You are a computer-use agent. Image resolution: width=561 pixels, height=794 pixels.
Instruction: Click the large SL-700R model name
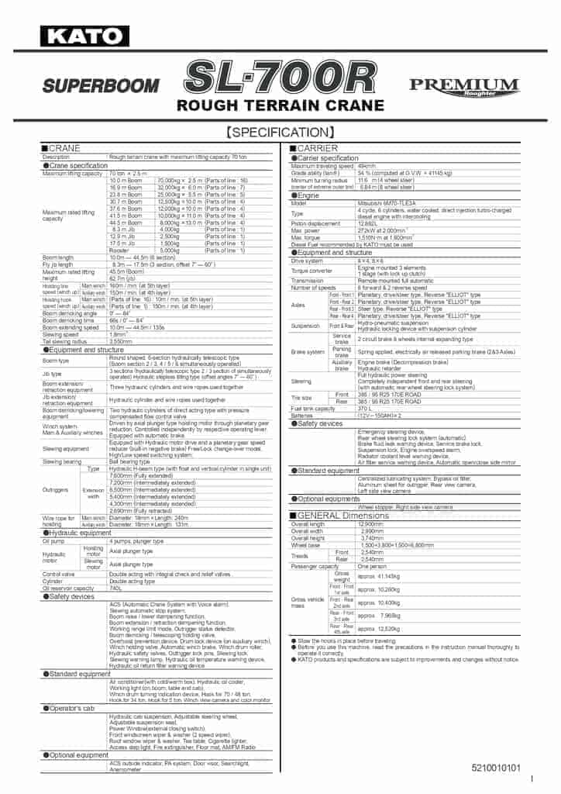click(x=280, y=78)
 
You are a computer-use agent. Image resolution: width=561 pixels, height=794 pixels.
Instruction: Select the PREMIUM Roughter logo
click(x=464, y=87)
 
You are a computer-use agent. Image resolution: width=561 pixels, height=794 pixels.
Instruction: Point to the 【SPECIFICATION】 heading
click(x=280, y=132)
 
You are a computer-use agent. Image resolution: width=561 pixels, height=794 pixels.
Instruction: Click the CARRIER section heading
click(x=317, y=148)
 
